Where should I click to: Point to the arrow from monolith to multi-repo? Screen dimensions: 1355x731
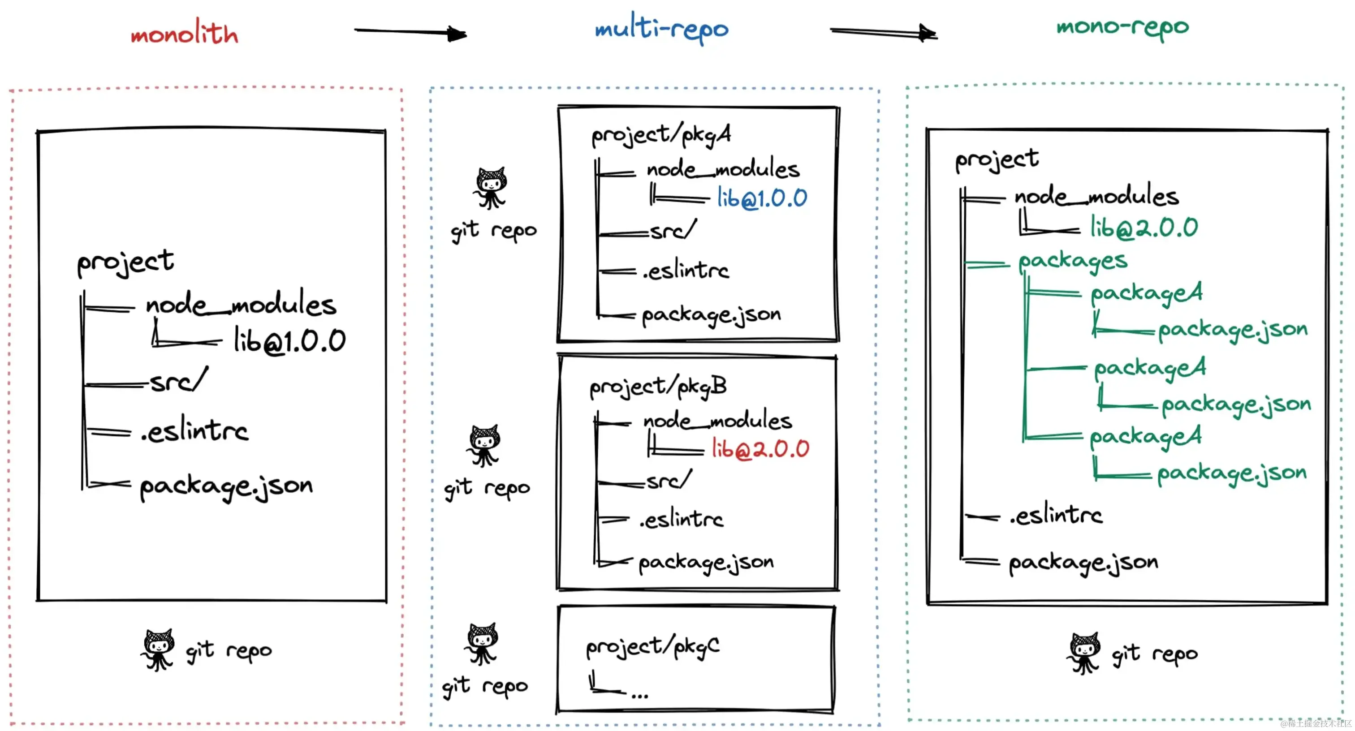(x=410, y=33)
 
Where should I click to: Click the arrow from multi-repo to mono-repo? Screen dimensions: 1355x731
(x=884, y=33)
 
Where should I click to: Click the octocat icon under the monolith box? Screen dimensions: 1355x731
(x=158, y=650)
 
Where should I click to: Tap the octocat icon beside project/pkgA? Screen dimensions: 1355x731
(x=490, y=188)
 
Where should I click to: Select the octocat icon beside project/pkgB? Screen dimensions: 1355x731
(x=483, y=446)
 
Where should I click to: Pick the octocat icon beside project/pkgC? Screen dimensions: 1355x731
(x=481, y=644)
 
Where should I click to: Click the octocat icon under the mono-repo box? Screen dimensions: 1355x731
(x=1083, y=653)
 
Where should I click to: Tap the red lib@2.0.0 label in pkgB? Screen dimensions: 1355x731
(x=760, y=449)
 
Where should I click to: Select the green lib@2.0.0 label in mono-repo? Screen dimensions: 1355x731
(x=1144, y=228)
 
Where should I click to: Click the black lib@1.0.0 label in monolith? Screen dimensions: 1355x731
(x=290, y=340)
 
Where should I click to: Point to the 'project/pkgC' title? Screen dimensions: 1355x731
(x=653, y=647)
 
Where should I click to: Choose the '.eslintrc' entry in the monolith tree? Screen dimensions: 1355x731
(x=194, y=431)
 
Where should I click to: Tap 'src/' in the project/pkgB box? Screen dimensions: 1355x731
(x=669, y=480)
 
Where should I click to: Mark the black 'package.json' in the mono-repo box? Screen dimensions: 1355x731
(x=1083, y=563)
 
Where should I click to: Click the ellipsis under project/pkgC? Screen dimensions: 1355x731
(x=639, y=695)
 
